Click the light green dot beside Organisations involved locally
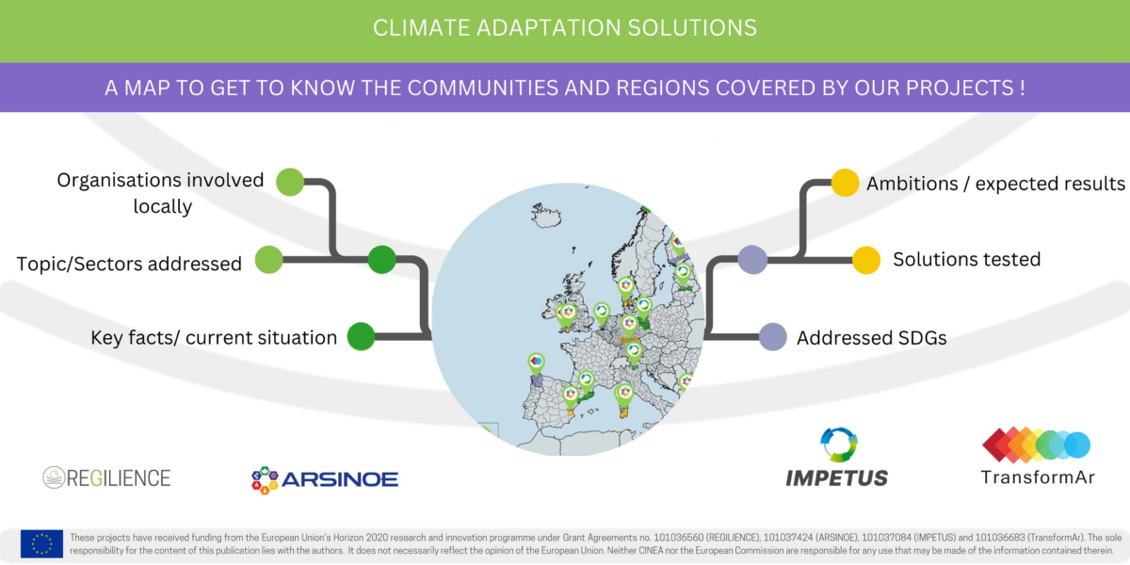(x=290, y=181)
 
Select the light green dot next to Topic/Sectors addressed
(x=269, y=260)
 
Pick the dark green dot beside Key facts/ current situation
(x=362, y=336)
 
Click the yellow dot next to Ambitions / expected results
(x=845, y=183)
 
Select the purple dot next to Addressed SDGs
(x=773, y=337)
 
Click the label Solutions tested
(x=966, y=260)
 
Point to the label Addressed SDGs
(x=871, y=337)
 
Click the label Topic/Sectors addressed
(x=129, y=264)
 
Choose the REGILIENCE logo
(x=106, y=477)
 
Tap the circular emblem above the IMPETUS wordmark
(x=838, y=445)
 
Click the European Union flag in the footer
(x=41, y=543)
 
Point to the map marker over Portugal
(x=535, y=363)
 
